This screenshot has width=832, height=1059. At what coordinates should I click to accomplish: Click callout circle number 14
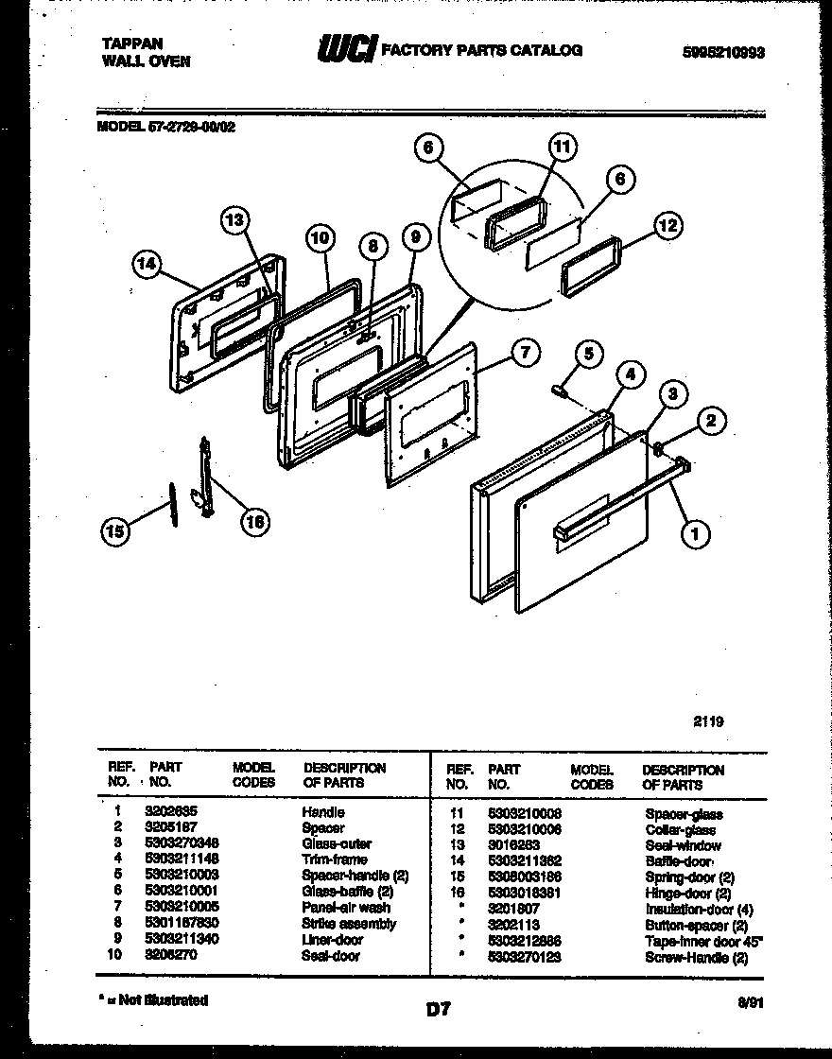146,266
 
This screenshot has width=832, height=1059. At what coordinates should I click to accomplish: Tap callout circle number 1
695,534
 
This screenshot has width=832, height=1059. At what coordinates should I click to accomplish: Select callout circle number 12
667,225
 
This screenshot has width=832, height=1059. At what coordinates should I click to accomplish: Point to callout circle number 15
114,533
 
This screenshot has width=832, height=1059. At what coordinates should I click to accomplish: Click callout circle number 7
525,353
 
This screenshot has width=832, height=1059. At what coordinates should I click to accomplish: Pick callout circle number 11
562,148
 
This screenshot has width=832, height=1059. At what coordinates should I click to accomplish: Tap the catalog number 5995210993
722,53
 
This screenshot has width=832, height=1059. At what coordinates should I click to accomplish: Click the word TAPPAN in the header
131,43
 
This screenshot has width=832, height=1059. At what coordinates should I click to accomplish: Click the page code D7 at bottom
438,1009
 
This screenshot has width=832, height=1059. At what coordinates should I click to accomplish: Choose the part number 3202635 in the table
171,812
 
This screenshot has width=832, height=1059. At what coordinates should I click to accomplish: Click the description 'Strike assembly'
349,924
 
